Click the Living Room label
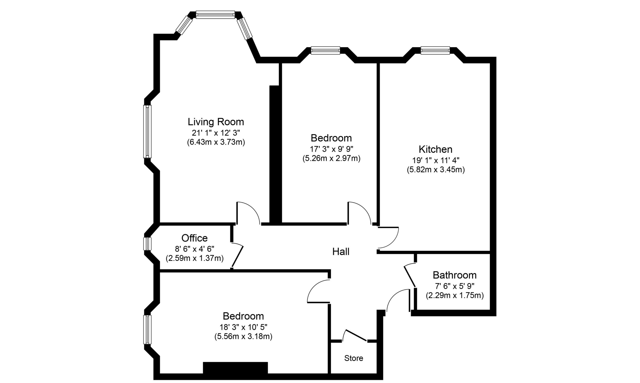point(215,122)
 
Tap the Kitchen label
point(435,149)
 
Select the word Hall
point(341,252)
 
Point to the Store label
point(354,358)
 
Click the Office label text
point(194,238)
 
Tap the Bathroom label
point(455,275)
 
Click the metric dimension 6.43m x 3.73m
point(216,142)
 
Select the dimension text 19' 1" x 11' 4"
point(436,161)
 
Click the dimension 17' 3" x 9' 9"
point(331,149)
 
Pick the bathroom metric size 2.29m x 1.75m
point(455,295)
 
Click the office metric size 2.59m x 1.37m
point(194,258)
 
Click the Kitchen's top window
point(435,50)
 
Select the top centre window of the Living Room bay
point(215,15)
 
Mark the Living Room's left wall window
point(147,131)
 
